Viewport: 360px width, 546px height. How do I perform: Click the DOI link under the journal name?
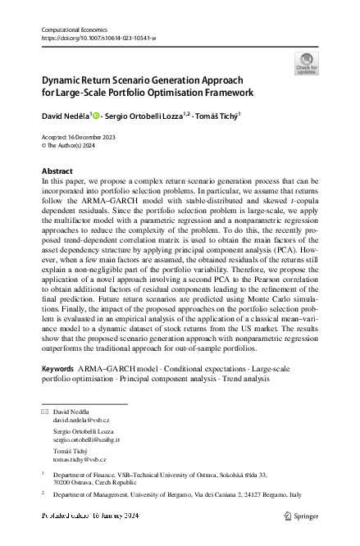point(98,38)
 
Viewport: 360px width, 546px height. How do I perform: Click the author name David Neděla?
point(64,116)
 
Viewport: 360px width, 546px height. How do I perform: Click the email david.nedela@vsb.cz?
point(81,420)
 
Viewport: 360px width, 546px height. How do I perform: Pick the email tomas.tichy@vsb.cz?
point(80,460)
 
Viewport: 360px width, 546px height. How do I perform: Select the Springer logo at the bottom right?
point(303,516)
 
